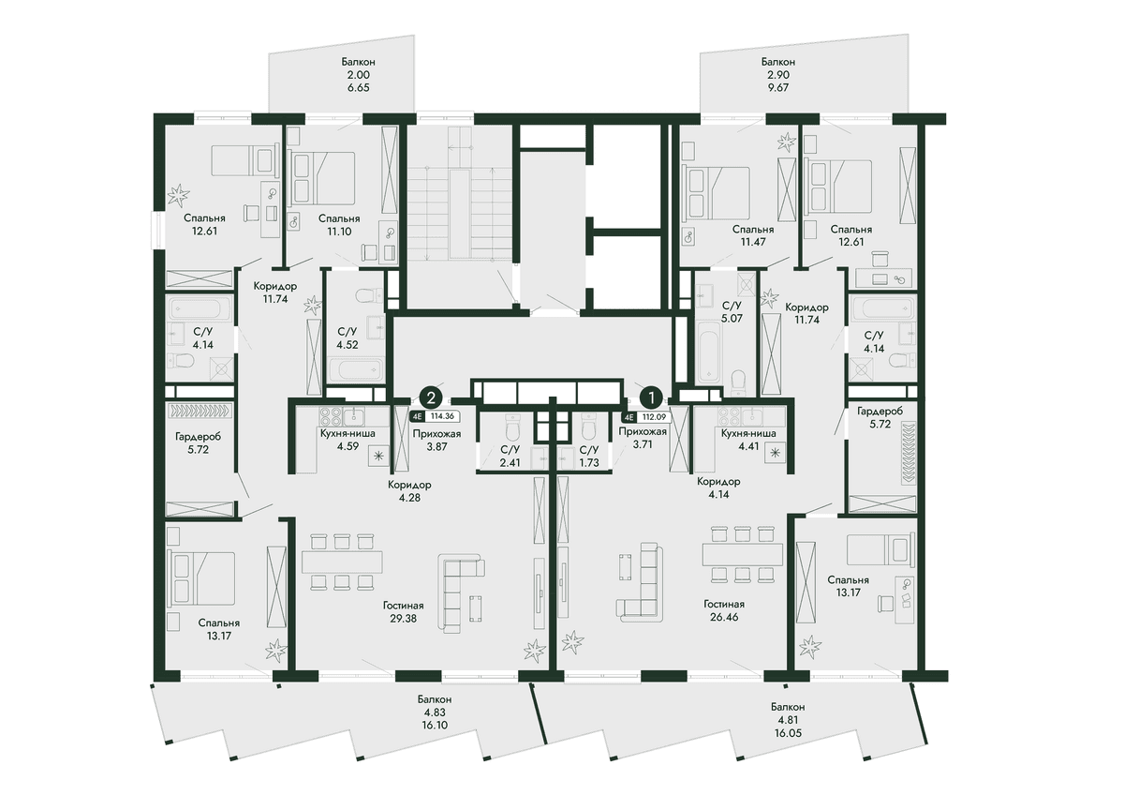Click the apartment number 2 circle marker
click(431, 397)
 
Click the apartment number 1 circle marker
click(651, 397)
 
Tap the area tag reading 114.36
click(442, 416)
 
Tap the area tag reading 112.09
click(655, 417)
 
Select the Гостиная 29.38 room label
click(404, 612)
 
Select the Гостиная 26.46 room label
click(724, 610)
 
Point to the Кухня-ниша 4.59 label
click(348, 440)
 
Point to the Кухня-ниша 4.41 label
click(748, 440)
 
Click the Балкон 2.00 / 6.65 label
click(358, 75)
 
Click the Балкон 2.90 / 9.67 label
click(777, 75)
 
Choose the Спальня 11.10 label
click(339, 225)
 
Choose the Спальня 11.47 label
click(753, 235)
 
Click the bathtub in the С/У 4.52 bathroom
click(355, 370)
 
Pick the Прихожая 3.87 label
click(436, 440)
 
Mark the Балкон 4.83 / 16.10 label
click(435, 712)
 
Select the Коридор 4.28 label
click(409, 491)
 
